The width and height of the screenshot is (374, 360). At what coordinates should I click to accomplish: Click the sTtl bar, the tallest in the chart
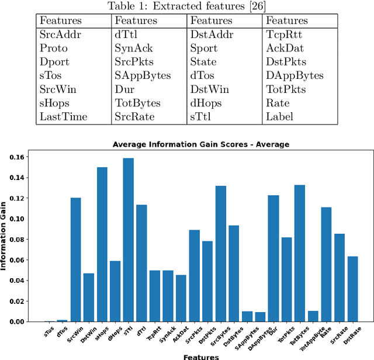click(128, 240)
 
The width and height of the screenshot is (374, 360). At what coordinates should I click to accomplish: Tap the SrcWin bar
click(75, 259)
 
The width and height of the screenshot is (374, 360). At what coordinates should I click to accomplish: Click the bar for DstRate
click(352, 289)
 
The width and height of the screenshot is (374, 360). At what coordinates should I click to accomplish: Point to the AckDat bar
click(181, 298)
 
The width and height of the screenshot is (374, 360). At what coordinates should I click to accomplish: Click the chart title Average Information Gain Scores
click(200, 144)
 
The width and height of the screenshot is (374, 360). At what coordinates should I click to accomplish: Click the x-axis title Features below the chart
click(200, 356)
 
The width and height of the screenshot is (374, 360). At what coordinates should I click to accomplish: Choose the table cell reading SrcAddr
click(60, 34)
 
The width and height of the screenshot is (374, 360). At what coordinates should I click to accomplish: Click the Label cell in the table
click(280, 117)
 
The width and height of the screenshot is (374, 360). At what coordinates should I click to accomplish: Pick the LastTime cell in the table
click(63, 117)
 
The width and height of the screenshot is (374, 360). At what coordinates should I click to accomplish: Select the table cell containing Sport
click(203, 48)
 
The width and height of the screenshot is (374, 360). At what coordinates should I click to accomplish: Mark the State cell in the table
click(203, 62)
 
